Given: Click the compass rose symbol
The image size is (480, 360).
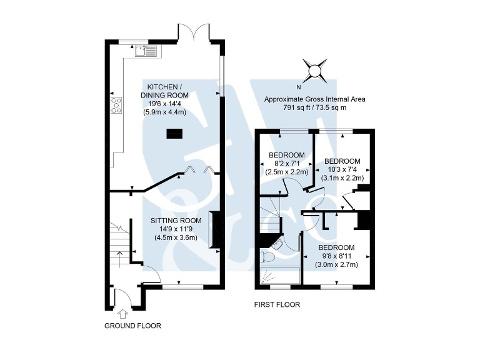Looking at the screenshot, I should point(315,70).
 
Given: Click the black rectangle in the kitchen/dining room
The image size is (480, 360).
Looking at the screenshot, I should point(174,132).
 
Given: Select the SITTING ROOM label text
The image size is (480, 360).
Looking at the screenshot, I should point(176,221).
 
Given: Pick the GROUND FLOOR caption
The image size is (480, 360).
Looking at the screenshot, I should point(132,326).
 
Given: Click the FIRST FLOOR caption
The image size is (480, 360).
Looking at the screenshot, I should point(277,305).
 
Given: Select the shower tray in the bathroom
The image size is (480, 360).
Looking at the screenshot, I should point(279,274).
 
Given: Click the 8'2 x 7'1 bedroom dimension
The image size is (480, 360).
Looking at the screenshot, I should point(286,164).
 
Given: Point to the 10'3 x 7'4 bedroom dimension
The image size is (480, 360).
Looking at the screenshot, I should point(342,169).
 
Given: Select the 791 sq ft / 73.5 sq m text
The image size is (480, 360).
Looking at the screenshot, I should point(314,107).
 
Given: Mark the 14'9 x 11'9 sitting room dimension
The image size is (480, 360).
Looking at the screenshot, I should point(175,229).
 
